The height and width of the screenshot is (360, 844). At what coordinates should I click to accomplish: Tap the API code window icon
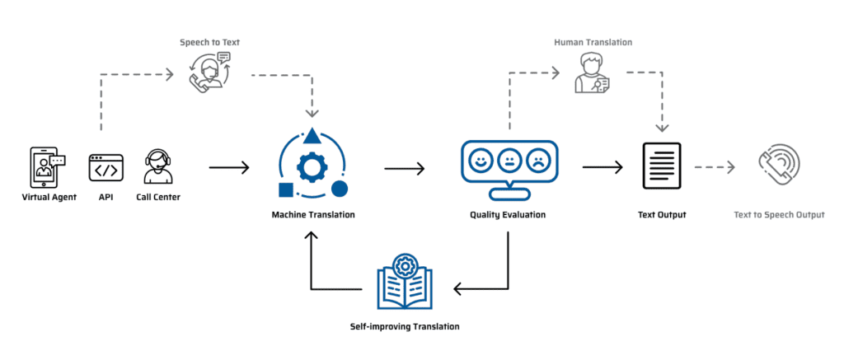(x=105, y=170)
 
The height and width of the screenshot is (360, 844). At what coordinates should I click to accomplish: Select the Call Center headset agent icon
(x=157, y=168)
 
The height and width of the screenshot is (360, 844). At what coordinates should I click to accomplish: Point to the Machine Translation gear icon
(x=312, y=167)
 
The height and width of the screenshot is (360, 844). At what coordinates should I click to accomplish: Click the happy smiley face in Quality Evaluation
(x=479, y=160)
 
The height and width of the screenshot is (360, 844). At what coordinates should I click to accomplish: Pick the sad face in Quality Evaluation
(x=538, y=160)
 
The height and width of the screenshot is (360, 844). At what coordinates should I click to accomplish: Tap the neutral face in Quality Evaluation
(x=509, y=160)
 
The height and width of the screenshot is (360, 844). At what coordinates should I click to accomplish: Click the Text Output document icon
(x=661, y=166)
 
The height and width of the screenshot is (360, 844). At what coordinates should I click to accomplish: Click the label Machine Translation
(x=313, y=215)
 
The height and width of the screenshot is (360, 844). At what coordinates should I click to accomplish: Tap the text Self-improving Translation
(x=404, y=327)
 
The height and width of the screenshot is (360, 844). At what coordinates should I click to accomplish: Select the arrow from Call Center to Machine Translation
(x=228, y=168)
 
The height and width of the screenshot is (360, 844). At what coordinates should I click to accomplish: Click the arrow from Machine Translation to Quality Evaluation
(x=404, y=168)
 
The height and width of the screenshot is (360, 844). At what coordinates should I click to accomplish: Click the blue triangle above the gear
(x=312, y=135)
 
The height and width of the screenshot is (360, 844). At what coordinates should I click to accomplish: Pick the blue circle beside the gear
(x=339, y=189)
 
